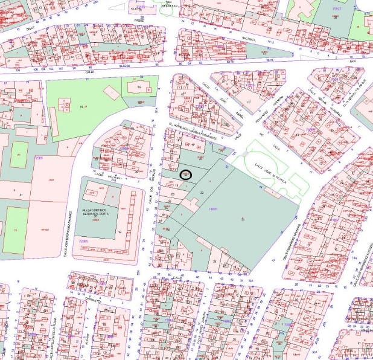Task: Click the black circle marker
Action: tap(185, 175)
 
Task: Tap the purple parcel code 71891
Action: tap(212, 209)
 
